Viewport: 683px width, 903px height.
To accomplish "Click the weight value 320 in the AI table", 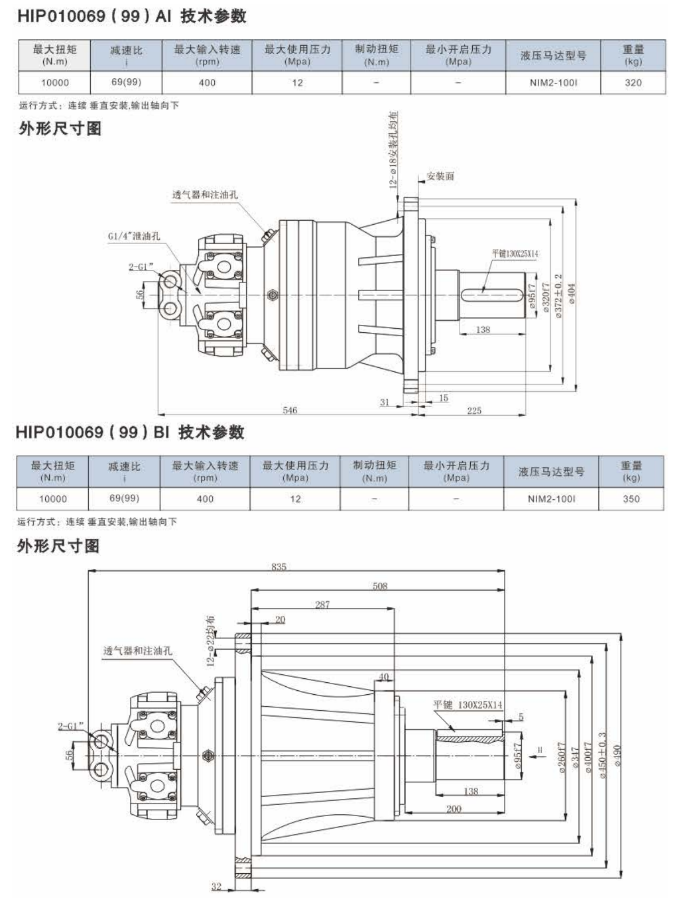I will pos(633,83).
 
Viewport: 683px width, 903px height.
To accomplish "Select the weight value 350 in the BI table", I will pos(631,499).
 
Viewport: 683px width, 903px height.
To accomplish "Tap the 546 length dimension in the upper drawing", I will pos(290,410).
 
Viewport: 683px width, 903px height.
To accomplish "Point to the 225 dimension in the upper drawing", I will pos(474,410).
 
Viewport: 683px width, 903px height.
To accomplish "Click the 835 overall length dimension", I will pos(279,567).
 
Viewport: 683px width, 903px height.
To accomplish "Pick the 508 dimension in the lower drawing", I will pos(380,586).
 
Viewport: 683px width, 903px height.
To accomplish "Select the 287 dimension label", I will pos(322,605).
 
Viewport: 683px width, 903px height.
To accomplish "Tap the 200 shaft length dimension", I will pos(454,809).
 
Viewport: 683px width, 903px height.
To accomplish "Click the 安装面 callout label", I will pos(440,176).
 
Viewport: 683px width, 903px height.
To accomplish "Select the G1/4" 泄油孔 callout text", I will pos(134,236).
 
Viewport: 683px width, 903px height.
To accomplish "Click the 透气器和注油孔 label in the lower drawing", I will pos(137,651).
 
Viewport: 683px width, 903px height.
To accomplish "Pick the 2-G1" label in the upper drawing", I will pos(141,267).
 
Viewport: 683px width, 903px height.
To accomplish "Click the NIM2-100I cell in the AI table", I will pos(553,83).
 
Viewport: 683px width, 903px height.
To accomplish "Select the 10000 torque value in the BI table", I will pos(53,499).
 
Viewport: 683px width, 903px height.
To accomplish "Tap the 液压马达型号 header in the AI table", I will pos(553,56).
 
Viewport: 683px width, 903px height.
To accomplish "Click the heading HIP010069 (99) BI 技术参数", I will pos(130,433).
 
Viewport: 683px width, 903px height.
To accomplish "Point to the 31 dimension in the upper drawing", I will pos(385,402).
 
